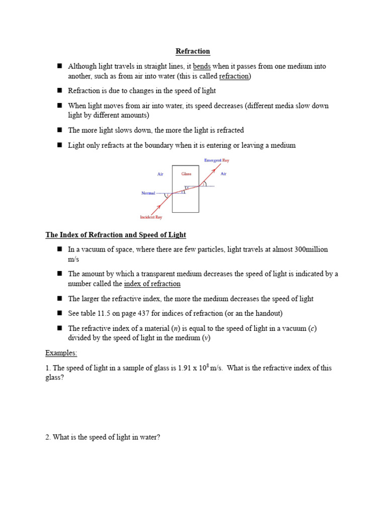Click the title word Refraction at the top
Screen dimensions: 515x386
[192, 51]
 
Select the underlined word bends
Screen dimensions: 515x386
[202, 66]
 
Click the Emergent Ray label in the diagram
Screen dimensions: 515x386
[217, 160]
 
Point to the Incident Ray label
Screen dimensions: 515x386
[151, 217]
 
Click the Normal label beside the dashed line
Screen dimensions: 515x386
[148, 193]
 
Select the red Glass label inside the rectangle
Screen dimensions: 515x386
[186, 174]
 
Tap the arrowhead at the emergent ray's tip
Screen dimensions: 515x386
[215, 170]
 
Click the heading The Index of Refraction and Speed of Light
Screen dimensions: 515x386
[116, 235]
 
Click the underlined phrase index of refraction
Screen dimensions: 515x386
[152, 284]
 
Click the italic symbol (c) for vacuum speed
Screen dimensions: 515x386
[313, 328]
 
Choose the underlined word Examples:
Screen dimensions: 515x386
[61, 353]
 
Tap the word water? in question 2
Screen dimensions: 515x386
[149, 438]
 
